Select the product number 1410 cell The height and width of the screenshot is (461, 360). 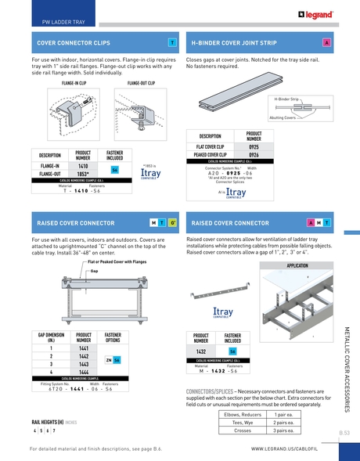click(x=83, y=166)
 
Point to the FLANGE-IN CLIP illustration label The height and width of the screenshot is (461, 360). click(x=74, y=81)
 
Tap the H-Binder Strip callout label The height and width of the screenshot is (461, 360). click(x=289, y=99)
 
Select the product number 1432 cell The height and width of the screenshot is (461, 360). click(x=201, y=351)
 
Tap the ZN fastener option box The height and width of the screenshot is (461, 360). click(x=108, y=359)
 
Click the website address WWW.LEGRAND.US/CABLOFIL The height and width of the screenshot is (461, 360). click(x=283, y=449)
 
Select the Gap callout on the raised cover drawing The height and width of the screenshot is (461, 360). click(x=95, y=271)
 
